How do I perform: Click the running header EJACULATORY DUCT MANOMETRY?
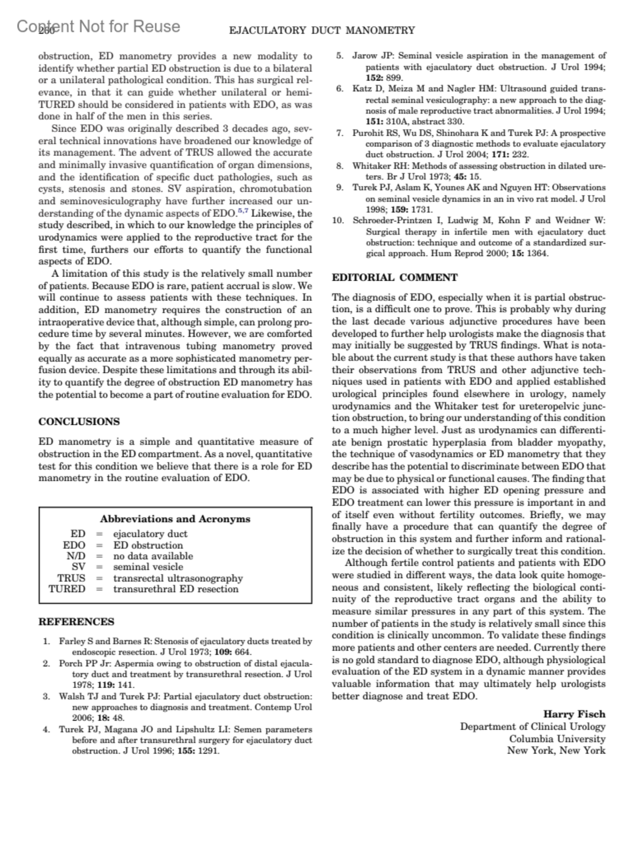click(322, 31)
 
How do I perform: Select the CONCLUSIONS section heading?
click(79, 421)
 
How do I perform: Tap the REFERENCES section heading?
click(76, 622)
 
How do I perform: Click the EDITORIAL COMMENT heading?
click(394, 277)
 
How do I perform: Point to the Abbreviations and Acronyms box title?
click(175, 519)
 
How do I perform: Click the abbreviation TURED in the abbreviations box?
click(67, 589)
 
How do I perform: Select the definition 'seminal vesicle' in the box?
click(148, 567)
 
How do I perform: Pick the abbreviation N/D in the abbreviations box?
click(76, 556)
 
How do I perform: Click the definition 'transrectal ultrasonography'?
click(178, 578)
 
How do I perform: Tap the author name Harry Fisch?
click(574, 714)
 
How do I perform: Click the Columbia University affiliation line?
click(557, 738)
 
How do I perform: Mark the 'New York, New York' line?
click(556, 750)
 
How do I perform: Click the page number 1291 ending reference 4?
click(208, 751)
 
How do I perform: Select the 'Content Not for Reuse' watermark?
click(99, 26)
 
